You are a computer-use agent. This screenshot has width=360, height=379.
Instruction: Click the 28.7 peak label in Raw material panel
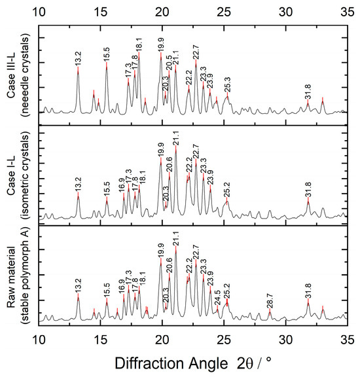click(x=270, y=300)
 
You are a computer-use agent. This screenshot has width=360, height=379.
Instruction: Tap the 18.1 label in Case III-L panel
click(x=139, y=44)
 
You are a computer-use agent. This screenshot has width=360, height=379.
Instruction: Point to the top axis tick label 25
click(x=224, y=11)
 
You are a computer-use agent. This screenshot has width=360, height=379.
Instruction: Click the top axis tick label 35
click(x=347, y=11)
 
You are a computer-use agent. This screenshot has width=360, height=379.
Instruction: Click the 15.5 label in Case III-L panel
click(x=107, y=52)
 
